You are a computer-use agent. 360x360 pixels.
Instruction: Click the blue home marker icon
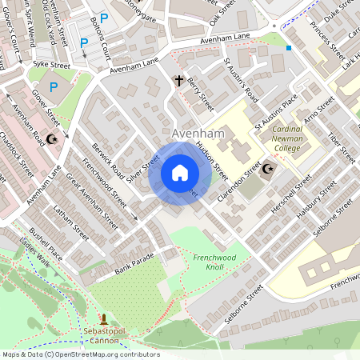[x=180, y=173]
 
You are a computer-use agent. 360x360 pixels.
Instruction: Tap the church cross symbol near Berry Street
[x=180, y=80]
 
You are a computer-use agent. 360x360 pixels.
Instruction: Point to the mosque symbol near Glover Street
[x=54, y=139]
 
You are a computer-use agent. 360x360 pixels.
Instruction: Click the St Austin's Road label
[x=240, y=78]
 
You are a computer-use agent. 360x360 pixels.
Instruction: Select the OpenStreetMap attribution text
[x=70, y=354]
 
